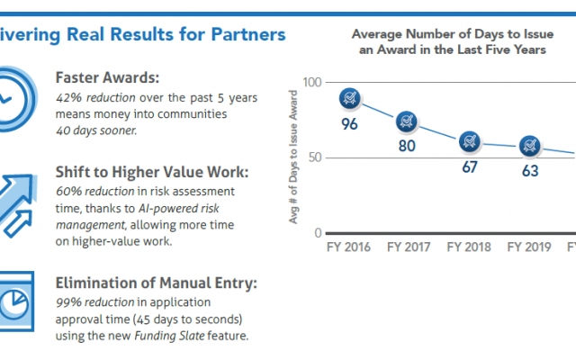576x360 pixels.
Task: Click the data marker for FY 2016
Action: (350, 97)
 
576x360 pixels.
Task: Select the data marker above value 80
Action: (408, 119)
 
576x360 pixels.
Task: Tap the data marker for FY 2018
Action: (469, 140)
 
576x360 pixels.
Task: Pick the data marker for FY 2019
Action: (529, 144)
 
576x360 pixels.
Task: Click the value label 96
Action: (350, 123)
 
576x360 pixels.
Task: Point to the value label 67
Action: (469, 166)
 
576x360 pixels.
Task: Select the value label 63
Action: (529, 170)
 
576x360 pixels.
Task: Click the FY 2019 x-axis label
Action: (529, 246)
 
